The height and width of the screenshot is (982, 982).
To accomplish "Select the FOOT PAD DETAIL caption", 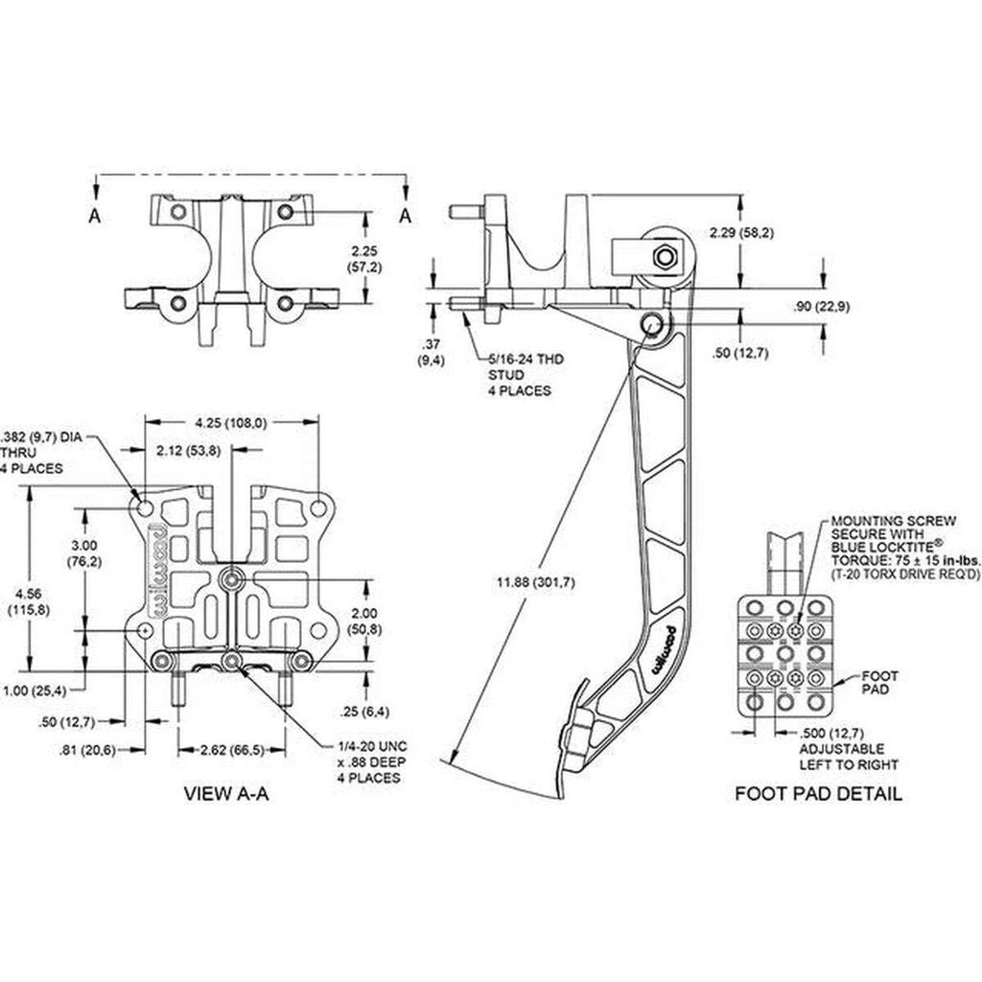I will tap(818, 793).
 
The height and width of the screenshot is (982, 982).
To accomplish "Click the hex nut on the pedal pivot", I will tap(664, 256).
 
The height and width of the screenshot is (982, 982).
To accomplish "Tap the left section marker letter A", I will tap(94, 216).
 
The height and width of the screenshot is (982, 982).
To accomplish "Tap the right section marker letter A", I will tap(406, 216).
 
